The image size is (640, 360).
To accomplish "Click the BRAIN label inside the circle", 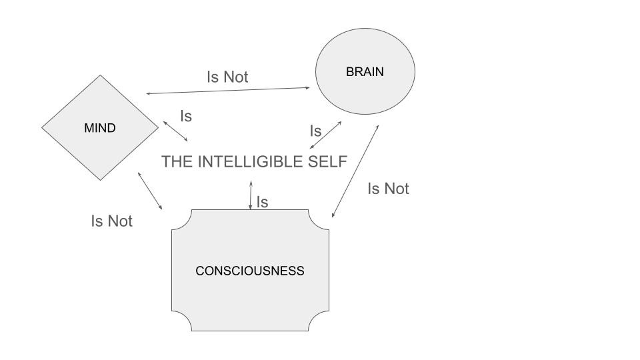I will pyautogui.click(x=365, y=72).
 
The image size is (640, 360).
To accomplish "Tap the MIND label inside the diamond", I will pyautogui.click(x=100, y=128).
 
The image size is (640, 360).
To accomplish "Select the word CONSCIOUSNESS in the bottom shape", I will pyautogui.click(x=249, y=271).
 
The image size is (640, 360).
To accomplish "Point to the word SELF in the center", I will pyautogui.click(x=327, y=162).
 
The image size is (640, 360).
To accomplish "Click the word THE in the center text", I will pyautogui.click(x=177, y=162).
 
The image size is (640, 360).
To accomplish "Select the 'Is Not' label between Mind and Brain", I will pyautogui.click(x=227, y=77).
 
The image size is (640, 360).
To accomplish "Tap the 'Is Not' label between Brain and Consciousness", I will pyautogui.click(x=388, y=189).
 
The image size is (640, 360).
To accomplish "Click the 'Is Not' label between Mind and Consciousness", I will pyautogui.click(x=111, y=221).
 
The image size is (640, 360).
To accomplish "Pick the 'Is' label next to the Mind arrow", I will pyautogui.click(x=186, y=117).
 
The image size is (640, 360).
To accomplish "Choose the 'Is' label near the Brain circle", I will pyautogui.click(x=316, y=131).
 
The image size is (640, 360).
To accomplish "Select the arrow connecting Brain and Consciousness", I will pyautogui.click(x=355, y=171).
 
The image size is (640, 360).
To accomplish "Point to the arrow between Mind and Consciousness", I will pyautogui.click(x=150, y=191).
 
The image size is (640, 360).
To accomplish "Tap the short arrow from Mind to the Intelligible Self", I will pyautogui.click(x=175, y=131).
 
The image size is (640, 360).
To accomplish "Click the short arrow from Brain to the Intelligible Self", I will pyautogui.click(x=326, y=135).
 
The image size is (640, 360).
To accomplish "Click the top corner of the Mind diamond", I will pyautogui.click(x=101, y=75).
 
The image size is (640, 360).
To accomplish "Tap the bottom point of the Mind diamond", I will pyautogui.click(x=101, y=179).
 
